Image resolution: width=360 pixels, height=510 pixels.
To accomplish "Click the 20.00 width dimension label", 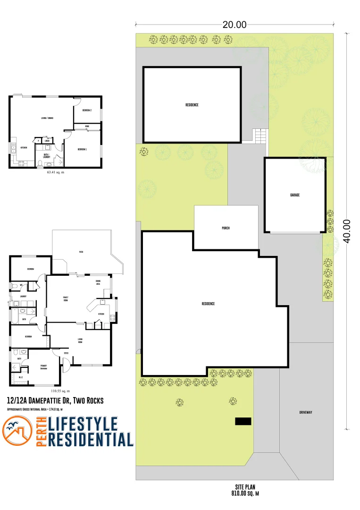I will (x=234, y=25).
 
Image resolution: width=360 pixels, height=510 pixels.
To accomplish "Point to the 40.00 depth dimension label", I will (x=347, y=231).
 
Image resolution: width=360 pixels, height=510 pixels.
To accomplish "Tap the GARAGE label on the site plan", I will (x=295, y=195).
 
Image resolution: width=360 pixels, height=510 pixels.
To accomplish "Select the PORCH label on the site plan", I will (x=226, y=228).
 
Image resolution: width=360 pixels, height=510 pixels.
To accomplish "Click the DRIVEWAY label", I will (x=305, y=412).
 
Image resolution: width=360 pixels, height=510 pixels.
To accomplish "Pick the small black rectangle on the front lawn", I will (x=243, y=421).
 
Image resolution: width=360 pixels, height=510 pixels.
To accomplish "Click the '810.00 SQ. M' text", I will (x=245, y=493).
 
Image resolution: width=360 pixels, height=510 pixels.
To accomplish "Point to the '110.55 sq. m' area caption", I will (x=60, y=391).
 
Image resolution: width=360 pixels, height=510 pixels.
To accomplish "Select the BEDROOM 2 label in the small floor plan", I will (x=86, y=110).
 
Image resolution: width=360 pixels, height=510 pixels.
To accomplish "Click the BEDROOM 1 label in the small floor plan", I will (x=83, y=149).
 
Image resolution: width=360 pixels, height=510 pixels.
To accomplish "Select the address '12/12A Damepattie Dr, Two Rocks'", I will (x=55, y=400).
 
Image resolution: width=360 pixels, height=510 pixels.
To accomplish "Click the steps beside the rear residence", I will (x=260, y=136).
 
